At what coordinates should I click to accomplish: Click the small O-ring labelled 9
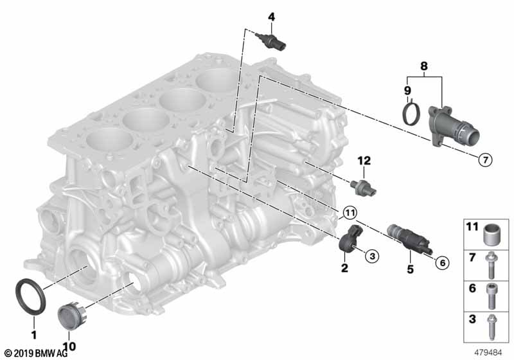[407, 114]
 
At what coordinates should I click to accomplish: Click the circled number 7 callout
[484, 159]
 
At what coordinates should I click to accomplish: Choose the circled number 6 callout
[441, 262]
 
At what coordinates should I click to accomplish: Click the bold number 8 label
[423, 66]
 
